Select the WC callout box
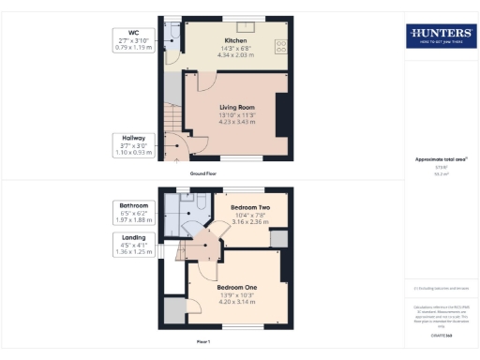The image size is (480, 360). (x=132, y=39)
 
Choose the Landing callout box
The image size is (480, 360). (x=132, y=243)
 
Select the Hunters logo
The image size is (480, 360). (x=438, y=37)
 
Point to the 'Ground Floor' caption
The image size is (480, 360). (x=203, y=173)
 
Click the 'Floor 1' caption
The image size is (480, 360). (x=202, y=342)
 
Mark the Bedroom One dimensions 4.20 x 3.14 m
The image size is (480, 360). (x=236, y=300)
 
